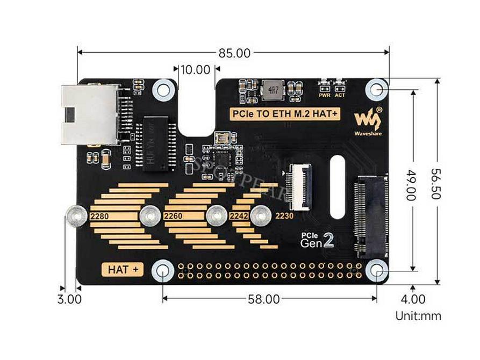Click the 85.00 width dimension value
point(234,53)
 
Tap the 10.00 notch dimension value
point(195,69)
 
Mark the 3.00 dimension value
point(69,299)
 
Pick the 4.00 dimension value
point(413,299)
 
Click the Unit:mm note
point(418,316)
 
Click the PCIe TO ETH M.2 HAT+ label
point(284,113)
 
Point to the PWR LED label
point(324,95)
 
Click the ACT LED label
point(340,95)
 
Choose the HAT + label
point(123,269)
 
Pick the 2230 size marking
point(284,217)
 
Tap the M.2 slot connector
point(370,215)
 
